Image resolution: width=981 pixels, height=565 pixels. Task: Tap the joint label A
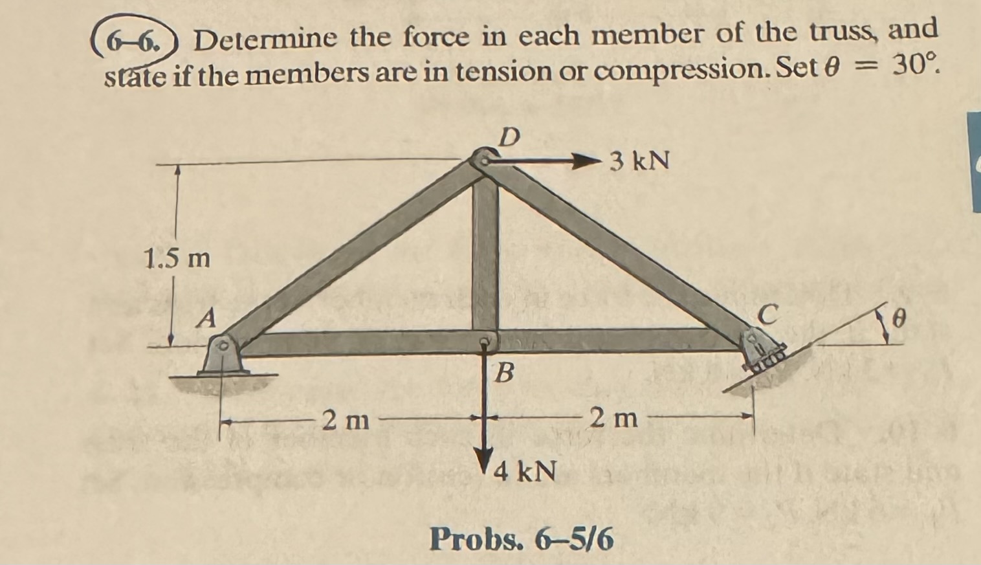coord(206,317)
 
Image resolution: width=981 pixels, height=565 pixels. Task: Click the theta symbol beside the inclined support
coord(898,318)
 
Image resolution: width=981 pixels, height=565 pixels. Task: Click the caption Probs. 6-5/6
coord(522,538)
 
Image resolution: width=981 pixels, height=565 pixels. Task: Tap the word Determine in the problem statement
coord(266,40)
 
